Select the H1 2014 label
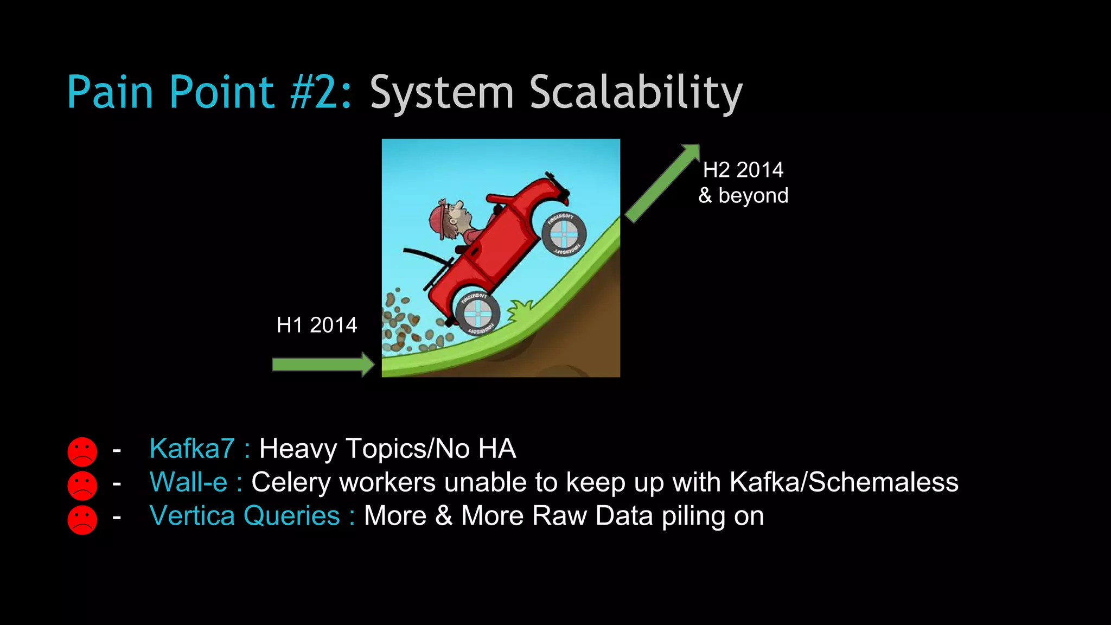click(317, 325)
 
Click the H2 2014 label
click(743, 170)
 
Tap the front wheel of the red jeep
click(564, 234)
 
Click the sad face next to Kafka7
click(82, 451)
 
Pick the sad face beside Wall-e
click(82, 485)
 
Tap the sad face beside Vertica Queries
click(82, 519)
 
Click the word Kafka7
click(192, 449)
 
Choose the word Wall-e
click(188, 482)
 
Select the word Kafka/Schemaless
click(844, 482)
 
